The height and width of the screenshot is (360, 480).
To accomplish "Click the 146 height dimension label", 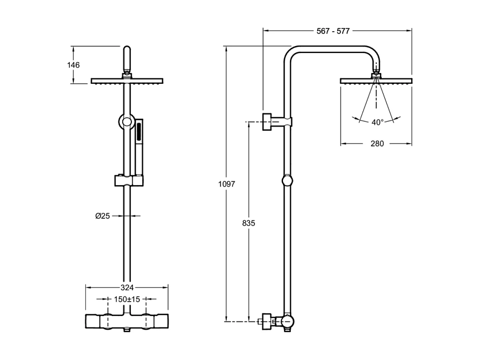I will (x=73, y=65).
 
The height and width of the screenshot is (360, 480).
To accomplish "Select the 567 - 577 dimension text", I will (x=333, y=31).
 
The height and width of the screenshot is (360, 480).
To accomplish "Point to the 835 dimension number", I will (x=249, y=223).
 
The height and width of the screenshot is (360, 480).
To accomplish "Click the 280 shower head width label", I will (x=377, y=144).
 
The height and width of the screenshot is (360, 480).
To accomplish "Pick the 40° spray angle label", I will (x=377, y=122).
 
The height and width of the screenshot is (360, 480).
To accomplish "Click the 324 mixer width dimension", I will (x=127, y=287).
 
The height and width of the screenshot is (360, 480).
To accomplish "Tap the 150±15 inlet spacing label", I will (x=127, y=299).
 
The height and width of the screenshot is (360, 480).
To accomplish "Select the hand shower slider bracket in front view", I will (x=129, y=181).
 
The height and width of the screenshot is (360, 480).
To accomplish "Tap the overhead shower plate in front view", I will (x=127, y=81).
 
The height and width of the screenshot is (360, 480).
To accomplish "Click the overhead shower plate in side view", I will (x=376, y=81).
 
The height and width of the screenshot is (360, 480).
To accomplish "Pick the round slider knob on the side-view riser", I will (x=287, y=181).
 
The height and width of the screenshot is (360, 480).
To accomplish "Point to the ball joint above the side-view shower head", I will (x=376, y=75).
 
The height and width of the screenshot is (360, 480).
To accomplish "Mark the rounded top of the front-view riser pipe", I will (x=127, y=51).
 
